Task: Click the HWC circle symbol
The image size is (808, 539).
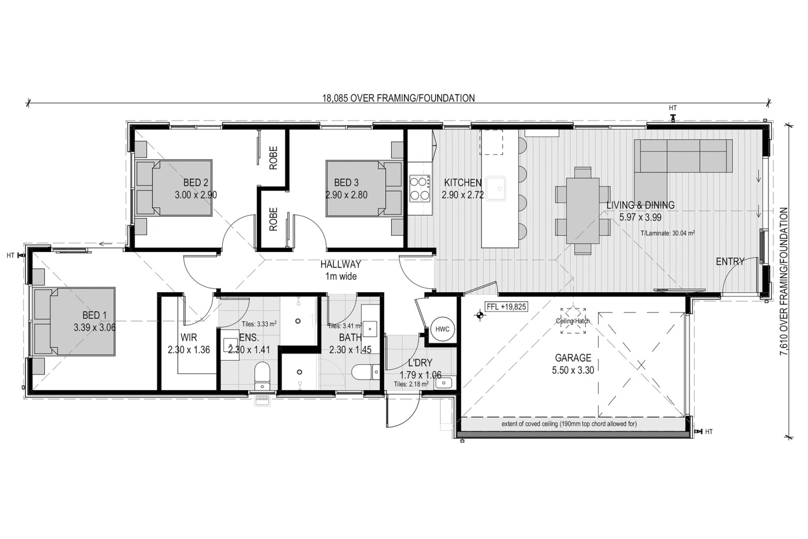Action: click(442, 329)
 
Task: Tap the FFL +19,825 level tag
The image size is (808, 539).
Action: click(506, 307)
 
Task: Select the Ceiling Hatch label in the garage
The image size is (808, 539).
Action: click(573, 321)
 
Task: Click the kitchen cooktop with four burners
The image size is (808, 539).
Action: click(420, 188)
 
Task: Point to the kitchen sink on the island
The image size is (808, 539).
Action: click(496, 189)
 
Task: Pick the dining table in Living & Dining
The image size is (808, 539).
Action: click(583, 211)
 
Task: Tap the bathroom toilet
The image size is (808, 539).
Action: click(365, 372)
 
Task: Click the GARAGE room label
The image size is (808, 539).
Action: click(573, 358)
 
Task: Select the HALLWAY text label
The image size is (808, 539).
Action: click(340, 264)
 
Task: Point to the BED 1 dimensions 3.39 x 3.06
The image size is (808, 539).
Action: click(94, 328)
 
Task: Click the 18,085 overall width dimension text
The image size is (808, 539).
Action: click(398, 98)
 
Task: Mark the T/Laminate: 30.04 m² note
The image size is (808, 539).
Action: click(668, 233)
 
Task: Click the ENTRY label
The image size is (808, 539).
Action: click(730, 261)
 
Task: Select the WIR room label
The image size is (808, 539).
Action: click(189, 337)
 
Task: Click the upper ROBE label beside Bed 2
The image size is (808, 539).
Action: click(273, 158)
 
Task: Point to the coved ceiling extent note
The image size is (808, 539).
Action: click(569, 424)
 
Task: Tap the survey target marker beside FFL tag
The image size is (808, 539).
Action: click(480, 315)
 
